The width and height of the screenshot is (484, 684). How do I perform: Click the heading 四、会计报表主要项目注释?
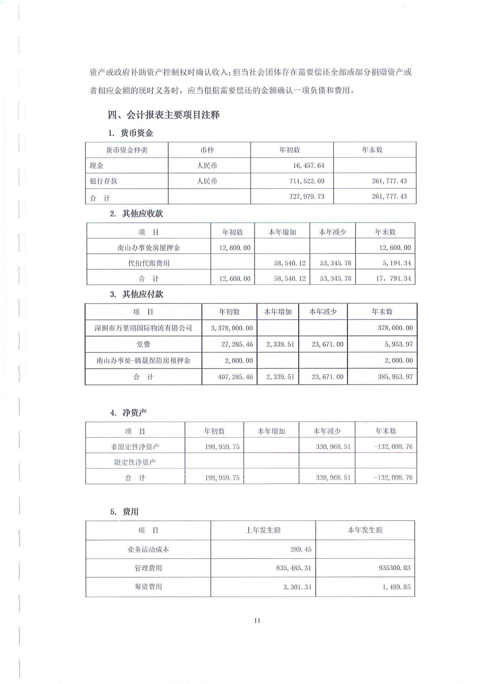[x=164, y=115]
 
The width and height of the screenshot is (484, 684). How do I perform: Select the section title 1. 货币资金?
[x=131, y=133]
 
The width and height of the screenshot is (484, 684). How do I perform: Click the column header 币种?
[x=207, y=150]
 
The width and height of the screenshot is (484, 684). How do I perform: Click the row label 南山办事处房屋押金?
[x=149, y=247]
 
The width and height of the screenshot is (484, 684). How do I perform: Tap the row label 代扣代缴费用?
[x=149, y=263]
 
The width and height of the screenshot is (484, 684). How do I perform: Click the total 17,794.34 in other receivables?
[x=393, y=279]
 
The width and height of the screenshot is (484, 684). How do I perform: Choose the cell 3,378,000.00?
[x=232, y=328]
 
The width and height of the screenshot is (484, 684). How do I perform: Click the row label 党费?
[x=143, y=344]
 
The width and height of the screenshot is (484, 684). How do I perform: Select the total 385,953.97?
[x=395, y=377]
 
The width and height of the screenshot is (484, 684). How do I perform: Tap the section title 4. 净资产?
[x=128, y=413]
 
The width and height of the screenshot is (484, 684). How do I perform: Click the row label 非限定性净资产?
[x=135, y=446]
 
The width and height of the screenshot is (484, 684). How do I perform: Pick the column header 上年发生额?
[x=263, y=530]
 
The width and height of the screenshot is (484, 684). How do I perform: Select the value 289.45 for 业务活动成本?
[x=301, y=549]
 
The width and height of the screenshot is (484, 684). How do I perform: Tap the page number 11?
[x=257, y=620]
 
